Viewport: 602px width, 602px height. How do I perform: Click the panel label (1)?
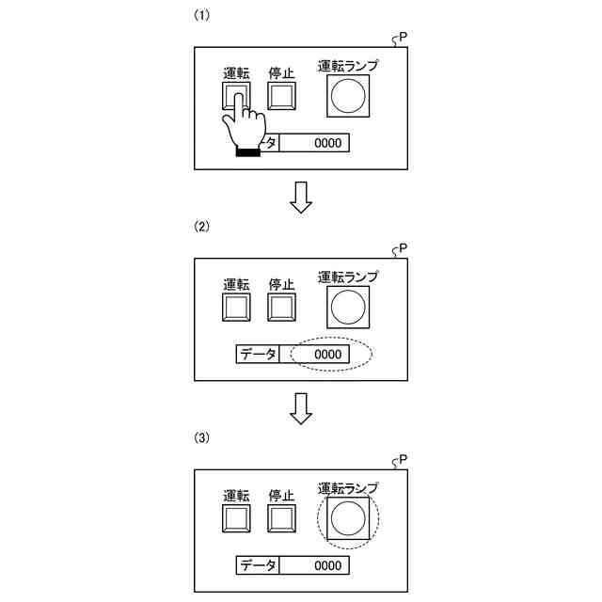(x=200, y=16)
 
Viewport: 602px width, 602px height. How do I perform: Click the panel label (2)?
(x=200, y=227)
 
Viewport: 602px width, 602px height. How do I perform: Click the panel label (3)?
(x=200, y=437)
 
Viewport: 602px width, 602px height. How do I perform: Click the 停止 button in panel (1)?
(x=282, y=96)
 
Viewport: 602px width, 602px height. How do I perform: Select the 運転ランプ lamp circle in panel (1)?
(x=348, y=96)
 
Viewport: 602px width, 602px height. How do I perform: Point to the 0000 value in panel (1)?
(x=327, y=143)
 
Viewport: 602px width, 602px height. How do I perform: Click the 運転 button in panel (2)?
(x=236, y=308)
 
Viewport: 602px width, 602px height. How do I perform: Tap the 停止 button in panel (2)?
(x=282, y=308)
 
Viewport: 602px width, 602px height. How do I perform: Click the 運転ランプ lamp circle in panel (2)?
(x=348, y=307)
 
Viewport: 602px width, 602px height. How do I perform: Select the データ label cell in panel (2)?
(x=258, y=355)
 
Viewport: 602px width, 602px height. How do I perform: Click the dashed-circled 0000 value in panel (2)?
(x=327, y=355)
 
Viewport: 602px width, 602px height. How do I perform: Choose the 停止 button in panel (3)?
(x=282, y=518)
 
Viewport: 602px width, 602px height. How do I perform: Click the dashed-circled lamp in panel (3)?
(x=348, y=517)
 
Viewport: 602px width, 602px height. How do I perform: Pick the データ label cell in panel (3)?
(x=258, y=565)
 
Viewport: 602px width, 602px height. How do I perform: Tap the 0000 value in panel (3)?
(x=327, y=565)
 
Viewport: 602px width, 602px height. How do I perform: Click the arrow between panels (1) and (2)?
(x=300, y=197)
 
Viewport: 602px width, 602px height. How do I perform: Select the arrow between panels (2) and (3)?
(x=300, y=407)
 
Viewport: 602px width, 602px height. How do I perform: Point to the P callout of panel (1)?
(x=402, y=38)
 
